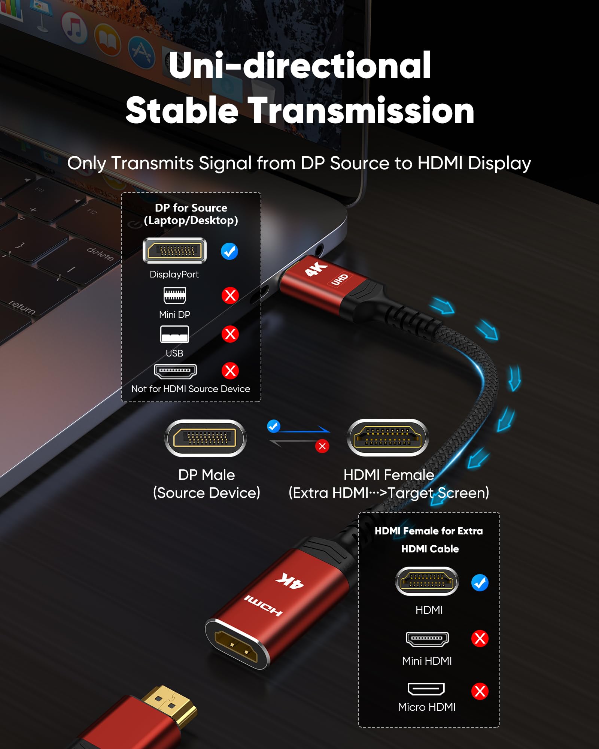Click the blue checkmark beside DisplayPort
pyautogui.click(x=229, y=251)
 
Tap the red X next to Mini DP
pyautogui.click(x=230, y=295)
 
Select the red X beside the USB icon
pyautogui.click(x=230, y=334)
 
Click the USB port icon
pyautogui.click(x=174, y=334)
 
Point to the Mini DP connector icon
pyautogui.click(x=174, y=295)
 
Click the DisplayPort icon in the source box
pyautogui.click(x=174, y=251)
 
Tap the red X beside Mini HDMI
pyautogui.click(x=480, y=638)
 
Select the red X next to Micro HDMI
pyautogui.click(x=480, y=691)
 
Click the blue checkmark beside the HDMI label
pyautogui.click(x=480, y=583)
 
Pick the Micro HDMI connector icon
pyautogui.click(x=426, y=689)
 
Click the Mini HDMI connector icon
pyautogui.click(x=427, y=639)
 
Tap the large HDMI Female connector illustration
pyautogui.click(x=387, y=437)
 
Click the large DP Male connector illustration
pyautogui.click(x=206, y=438)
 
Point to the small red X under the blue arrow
pyautogui.click(x=322, y=446)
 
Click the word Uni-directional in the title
pyautogui.click(x=299, y=66)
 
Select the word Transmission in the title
pyautogui.click(x=361, y=110)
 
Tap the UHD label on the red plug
pyautogui.click(x=340, y=279)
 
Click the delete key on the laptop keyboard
pyautogui.click(x=100, y=254)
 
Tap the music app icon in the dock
pyautogui.click(x=75, y=28)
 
